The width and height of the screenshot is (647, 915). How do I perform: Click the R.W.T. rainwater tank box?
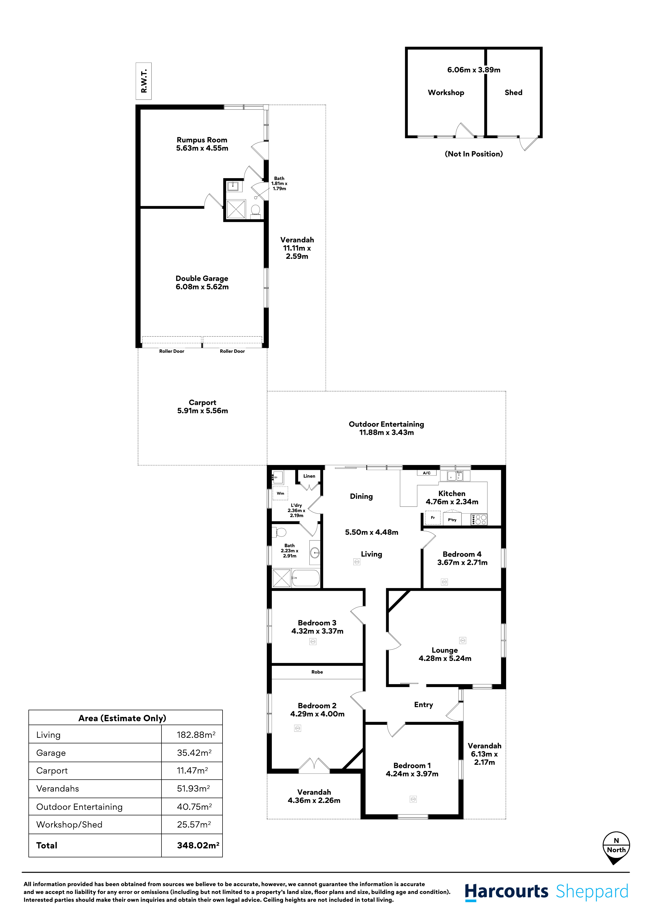click(x=143, y=81)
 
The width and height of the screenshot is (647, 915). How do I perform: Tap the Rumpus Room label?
click(x=202, y=140)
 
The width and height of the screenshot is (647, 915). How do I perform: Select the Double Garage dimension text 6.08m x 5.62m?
click(x=202, y=287)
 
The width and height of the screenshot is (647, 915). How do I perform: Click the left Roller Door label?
click(x=172, y=351)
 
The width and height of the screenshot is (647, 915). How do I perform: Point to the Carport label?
click(x=202, y=402)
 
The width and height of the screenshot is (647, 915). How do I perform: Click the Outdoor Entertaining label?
click(x=386, y=424)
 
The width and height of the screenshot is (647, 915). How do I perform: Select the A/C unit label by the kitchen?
click(x=427, y=473)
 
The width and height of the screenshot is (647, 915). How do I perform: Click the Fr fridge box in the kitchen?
click(x=433, y=518)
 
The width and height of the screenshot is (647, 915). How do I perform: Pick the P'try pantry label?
click(x=452, y=520)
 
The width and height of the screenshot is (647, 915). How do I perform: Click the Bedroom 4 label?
click(x=462, y=554)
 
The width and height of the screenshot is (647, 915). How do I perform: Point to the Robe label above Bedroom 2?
click(x=317, y=672)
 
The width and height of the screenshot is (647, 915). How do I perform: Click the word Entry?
click(x=423, y=705)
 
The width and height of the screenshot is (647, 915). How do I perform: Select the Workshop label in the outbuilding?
click(x=446, y=92)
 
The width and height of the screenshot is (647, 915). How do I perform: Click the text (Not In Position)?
click(x=474, y=154)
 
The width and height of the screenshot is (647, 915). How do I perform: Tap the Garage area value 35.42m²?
click(x=194, y=753)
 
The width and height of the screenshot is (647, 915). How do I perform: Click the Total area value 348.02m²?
click(x=198, y=845)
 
